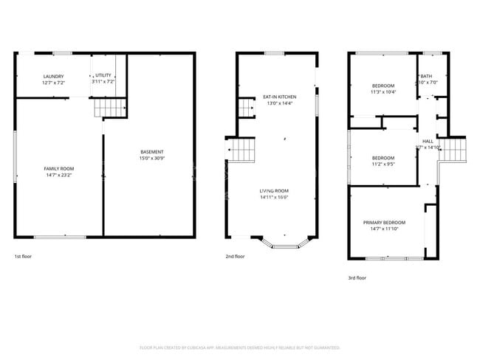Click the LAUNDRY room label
[x=54, y=77]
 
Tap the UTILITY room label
[x=103, y=77]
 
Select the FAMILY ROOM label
[x=59, y=169]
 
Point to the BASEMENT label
[x=152, y=152]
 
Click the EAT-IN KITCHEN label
[x=280, y=97]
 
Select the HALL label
[x=428, y=141]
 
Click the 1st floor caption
[x=23, y=256]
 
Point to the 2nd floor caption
[x=235, y=256]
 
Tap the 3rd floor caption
[x=357, y=277]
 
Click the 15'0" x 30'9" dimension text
[x=152, y=159]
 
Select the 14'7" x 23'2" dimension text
[x=59, y=176]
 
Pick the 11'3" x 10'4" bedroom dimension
[x=383, y=91]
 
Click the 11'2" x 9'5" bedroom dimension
[x=383, y=165]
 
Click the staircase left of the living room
[x=241, y=153]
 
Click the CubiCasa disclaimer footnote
[x=240, y=347]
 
